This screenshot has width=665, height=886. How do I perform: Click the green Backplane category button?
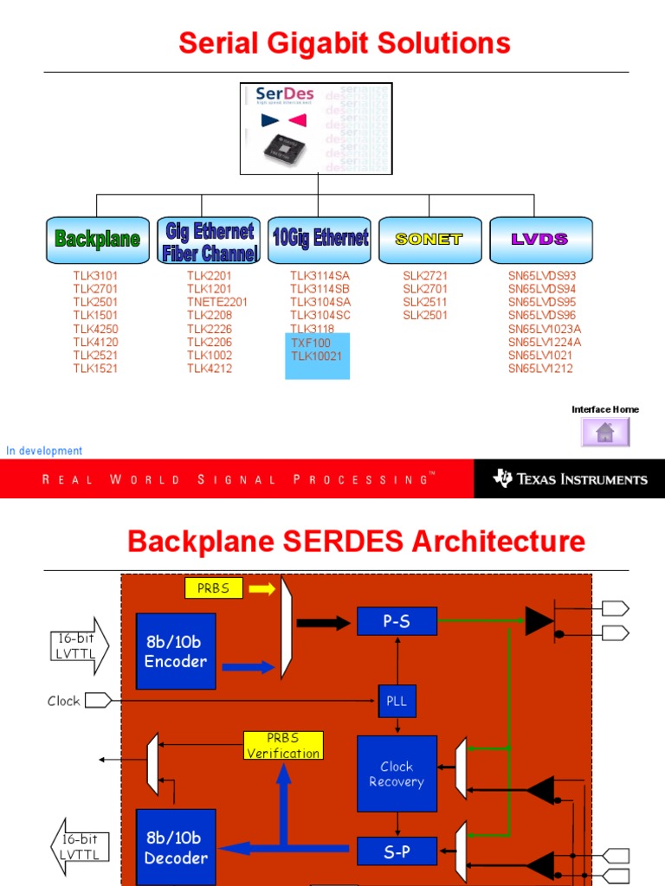pos(97,240)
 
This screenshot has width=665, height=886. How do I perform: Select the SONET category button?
pos(429,240)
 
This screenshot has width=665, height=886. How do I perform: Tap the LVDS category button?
pos(540,240)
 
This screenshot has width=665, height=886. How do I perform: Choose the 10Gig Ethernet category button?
pos(320,240)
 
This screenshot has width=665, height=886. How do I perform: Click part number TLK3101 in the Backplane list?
pos(95,276)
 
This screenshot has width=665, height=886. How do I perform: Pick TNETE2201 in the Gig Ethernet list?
pos(217,302)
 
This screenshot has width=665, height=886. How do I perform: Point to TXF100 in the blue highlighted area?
pos(311,343)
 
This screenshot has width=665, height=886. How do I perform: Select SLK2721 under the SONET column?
pos(425,276)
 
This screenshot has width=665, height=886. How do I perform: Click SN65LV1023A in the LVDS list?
pos(545,329)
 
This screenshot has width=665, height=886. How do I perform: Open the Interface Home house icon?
pos(604,432)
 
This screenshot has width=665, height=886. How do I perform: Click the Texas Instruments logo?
pos(570,478)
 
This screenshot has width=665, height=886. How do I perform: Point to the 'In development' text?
pos(44,451)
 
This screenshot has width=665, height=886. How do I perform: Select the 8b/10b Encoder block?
pos(176,652)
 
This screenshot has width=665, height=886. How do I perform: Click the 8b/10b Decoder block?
pos(176,848)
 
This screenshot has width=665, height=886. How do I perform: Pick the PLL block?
pos(397,701)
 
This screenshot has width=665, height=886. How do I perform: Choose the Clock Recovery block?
pos(397,774)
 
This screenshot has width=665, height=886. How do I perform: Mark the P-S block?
pos(397,620)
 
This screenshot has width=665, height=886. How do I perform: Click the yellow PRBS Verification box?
pos(283,745)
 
